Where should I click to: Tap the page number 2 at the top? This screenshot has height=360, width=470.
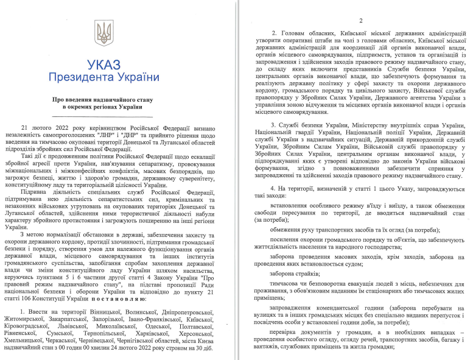[360, 20]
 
